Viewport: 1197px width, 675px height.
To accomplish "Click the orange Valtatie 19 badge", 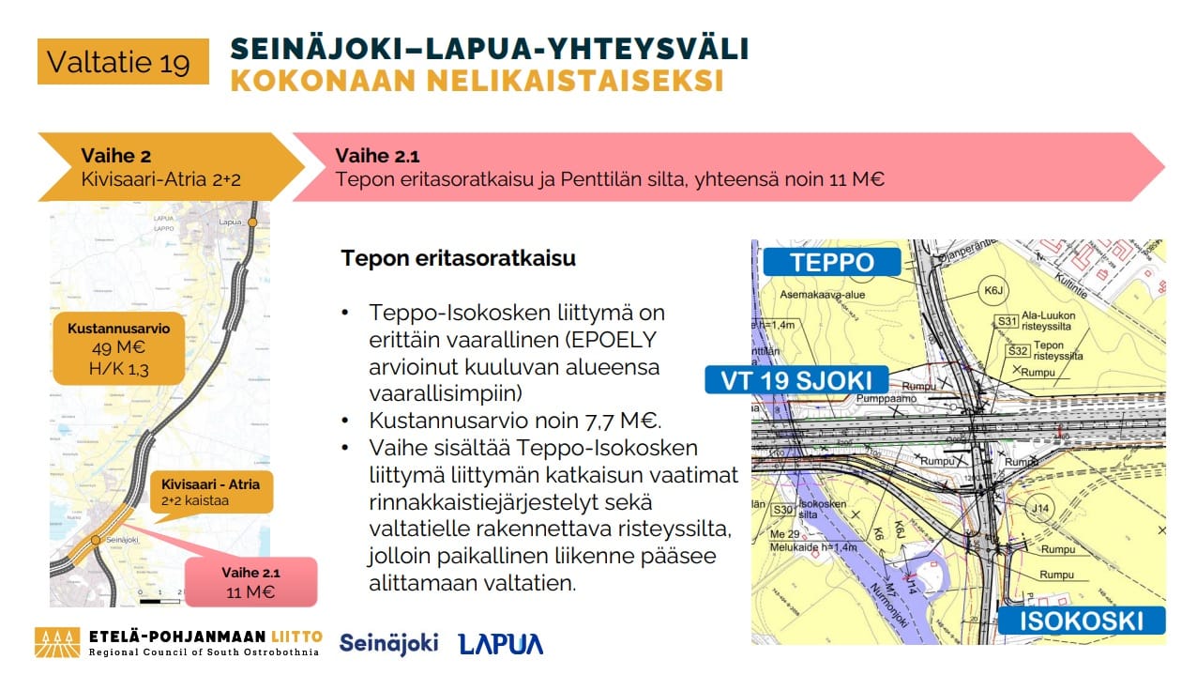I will coord(122,62).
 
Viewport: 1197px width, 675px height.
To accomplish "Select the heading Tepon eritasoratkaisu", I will coord(458,258).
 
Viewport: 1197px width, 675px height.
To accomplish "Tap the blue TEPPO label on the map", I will coord(832,262).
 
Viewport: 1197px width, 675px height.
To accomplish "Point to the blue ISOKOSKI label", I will coord(1081,621).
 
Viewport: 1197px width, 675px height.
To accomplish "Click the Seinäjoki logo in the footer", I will coord(388,643).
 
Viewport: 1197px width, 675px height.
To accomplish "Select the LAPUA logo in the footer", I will coord(500,644).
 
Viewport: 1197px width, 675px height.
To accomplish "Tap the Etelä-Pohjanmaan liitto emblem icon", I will coord(57,642).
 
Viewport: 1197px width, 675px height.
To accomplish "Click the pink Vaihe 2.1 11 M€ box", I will coord(250,582).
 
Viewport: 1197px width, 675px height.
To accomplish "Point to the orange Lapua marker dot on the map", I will coord(251,222).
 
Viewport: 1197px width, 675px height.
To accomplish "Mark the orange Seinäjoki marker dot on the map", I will coord(96,540).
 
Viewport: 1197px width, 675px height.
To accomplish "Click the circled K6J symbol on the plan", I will coord(992,291).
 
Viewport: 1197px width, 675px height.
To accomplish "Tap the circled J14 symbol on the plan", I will coord(1038,510).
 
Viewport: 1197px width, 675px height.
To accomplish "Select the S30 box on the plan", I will coord(783,510).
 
